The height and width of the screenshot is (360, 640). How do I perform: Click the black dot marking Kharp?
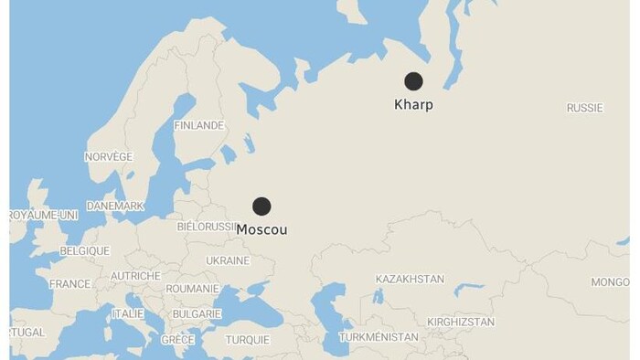point(413,81)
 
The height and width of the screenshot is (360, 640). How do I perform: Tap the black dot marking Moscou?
point(261,206)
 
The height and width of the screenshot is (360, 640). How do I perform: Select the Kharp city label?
point(413,105)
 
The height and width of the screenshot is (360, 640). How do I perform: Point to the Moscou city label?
point(261,229)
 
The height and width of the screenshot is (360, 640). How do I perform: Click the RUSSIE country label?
point(585,108)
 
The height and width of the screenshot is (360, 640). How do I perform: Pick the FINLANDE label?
point(198,125)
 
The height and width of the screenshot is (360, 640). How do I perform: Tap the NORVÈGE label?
point(108,157)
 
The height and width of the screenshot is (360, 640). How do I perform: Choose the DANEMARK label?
point(115,206)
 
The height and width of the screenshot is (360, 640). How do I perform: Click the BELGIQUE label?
point(84,251)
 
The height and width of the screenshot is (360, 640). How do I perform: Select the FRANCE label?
point(69,284)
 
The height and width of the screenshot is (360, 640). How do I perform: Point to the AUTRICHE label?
point(135,276)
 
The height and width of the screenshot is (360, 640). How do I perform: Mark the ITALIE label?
point(128,313)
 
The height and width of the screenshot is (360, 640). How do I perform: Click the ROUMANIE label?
point(192,289)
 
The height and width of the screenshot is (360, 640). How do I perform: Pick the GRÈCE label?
point(177,340)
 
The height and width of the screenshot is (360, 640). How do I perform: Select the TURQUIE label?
point(248,340)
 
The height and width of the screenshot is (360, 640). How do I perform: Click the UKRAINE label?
point(228,260)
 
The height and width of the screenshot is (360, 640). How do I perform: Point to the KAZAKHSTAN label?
point(410,279)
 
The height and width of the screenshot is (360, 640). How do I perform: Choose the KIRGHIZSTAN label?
point(461,322)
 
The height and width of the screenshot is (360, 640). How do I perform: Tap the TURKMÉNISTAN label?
point(379,337)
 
